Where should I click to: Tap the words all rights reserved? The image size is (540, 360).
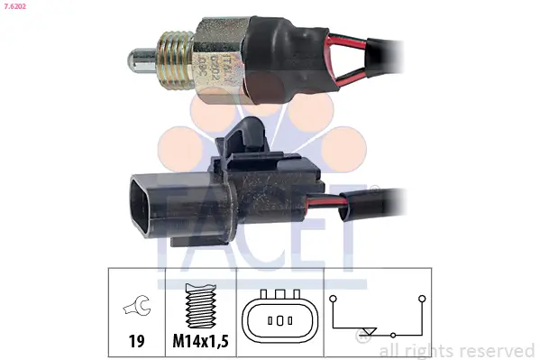coord(457,350)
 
